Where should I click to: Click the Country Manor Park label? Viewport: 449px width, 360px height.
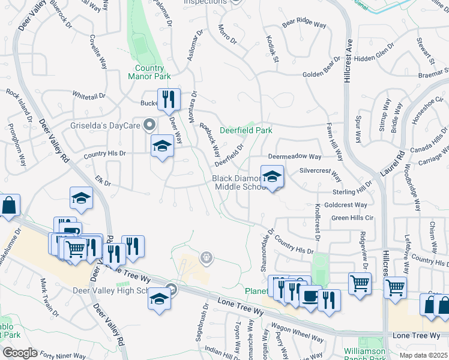coord(149,72)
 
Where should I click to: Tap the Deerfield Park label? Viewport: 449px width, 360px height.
coord(246,130)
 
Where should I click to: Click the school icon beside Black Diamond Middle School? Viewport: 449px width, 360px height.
coord(272,176)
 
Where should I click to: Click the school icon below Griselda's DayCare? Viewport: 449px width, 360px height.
coord(161,145)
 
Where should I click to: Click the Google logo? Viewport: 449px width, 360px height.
coord(20,353)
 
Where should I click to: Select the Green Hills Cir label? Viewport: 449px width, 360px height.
coord(352,218)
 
